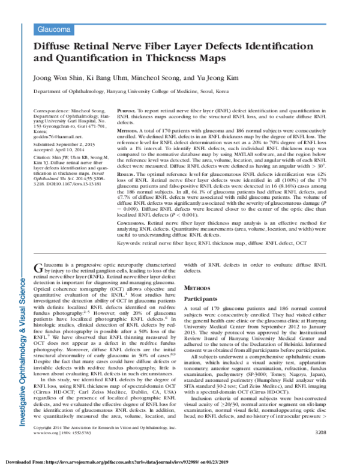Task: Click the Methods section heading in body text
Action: coord(197,288)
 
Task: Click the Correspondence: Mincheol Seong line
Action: coord(69,112)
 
